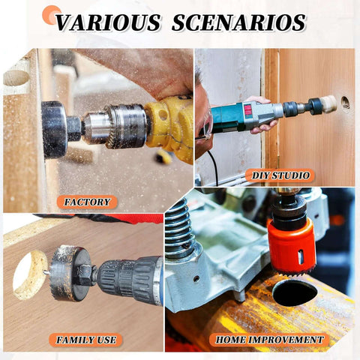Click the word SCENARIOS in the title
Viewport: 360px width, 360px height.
(239, 22)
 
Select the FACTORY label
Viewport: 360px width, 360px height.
(87, 202)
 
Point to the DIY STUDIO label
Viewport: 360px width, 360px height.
(279, 175)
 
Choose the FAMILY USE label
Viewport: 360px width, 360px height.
(87, 340)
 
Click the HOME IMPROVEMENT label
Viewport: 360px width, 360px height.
(270, 340)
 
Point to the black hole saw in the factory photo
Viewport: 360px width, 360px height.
(54, 129)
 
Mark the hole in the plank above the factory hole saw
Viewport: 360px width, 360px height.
(16, 77)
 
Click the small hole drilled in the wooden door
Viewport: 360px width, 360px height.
(345, 101)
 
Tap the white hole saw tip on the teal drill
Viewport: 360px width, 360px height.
(327, 105)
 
